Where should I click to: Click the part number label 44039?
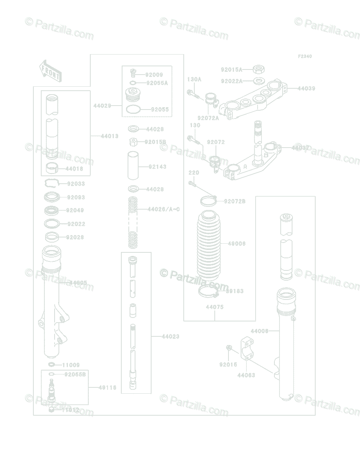point(306,89)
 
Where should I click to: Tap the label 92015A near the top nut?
point(232,69)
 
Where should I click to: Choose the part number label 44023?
point(170,336)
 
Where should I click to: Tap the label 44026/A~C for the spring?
point(164,209)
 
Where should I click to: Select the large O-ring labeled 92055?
point(133,110)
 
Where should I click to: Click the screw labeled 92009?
point(133,73)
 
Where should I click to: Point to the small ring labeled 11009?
point(52,365)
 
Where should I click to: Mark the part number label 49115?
point(108,388)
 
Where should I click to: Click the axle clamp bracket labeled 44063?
point(246,348)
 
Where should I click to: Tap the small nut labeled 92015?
point(229,348)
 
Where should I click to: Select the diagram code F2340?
point(305,57)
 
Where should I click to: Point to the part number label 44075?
point(215,307)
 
